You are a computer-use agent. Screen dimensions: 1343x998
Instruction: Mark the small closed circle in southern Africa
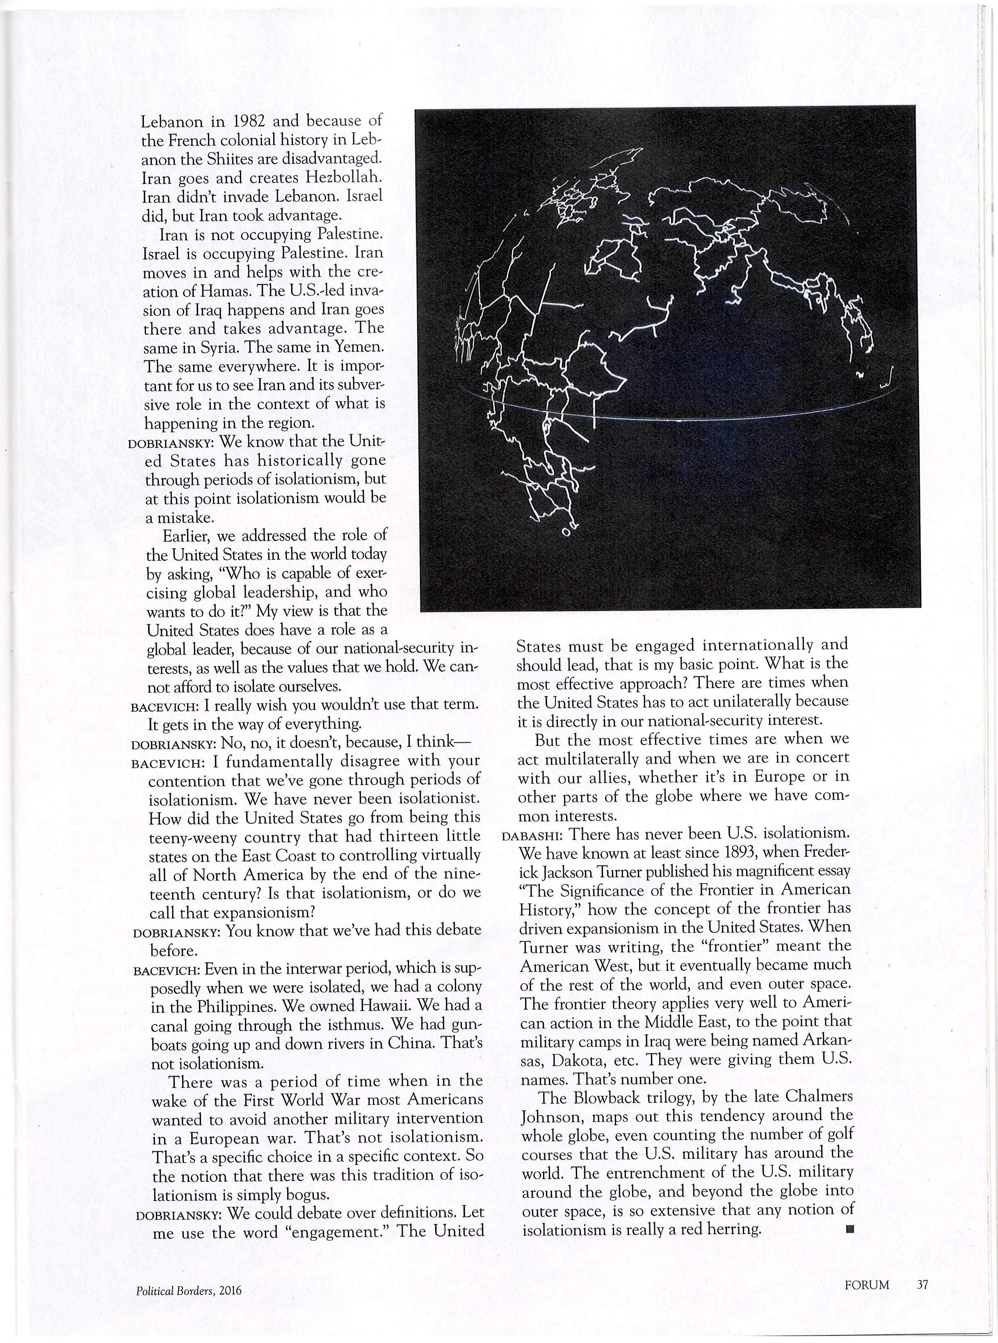pyautogui.click(x=566, y=532)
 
